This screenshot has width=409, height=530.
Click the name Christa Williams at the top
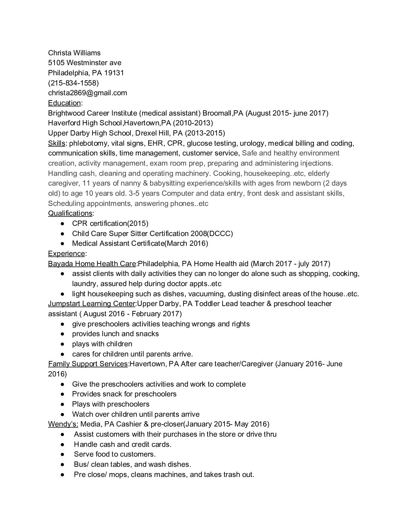(74, 53)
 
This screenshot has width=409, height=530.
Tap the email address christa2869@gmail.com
(88, 93)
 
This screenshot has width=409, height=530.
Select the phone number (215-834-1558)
(74, 83)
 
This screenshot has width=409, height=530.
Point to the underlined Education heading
(64, 103)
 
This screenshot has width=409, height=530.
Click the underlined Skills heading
(56, 143)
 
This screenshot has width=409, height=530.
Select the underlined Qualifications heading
(70, 213)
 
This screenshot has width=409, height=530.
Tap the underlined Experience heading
(67, 253)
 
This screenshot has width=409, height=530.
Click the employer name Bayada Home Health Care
(92, 263)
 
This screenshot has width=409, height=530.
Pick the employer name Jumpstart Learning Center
(91, 303)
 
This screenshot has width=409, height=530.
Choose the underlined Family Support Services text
(88, 364)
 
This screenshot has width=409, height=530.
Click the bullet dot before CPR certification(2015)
(62, 224)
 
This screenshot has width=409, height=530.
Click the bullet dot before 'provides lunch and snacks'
(62, 334)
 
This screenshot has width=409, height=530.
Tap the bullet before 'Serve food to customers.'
(62, 454)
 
